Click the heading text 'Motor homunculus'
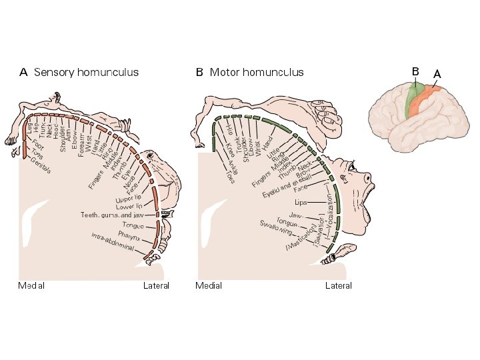[257, 72]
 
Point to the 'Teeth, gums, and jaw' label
[111, 215]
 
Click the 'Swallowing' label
[276, 227]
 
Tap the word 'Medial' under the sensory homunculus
[31, 286]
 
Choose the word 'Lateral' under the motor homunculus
[338, 286]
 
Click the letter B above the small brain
[415, 71]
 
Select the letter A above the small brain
[437, 73]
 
